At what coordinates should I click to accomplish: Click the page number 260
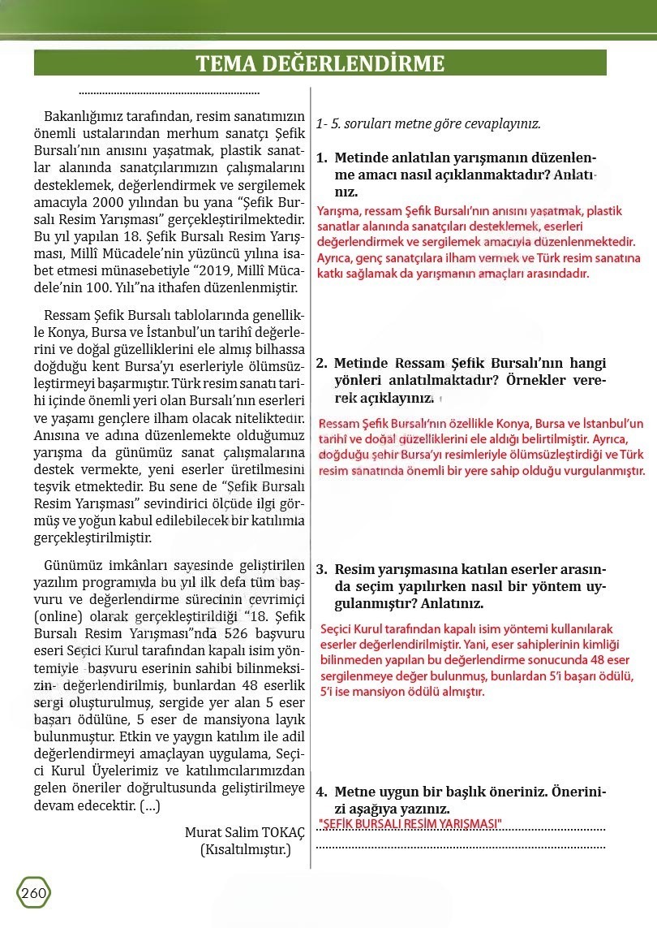[33, 893]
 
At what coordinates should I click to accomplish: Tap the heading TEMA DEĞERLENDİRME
[320, 64]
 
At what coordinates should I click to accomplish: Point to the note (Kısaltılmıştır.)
[245, 850]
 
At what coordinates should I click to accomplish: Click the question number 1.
[321, 157]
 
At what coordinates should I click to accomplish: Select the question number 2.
[321, 364]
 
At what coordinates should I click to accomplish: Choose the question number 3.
[321, 570]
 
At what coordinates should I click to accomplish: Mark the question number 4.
[321, 792]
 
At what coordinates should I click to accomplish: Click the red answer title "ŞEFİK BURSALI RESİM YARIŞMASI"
[411, 825]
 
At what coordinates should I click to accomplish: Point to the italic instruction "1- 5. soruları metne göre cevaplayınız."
[428, 124]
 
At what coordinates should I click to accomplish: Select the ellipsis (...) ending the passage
[150, 806]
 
